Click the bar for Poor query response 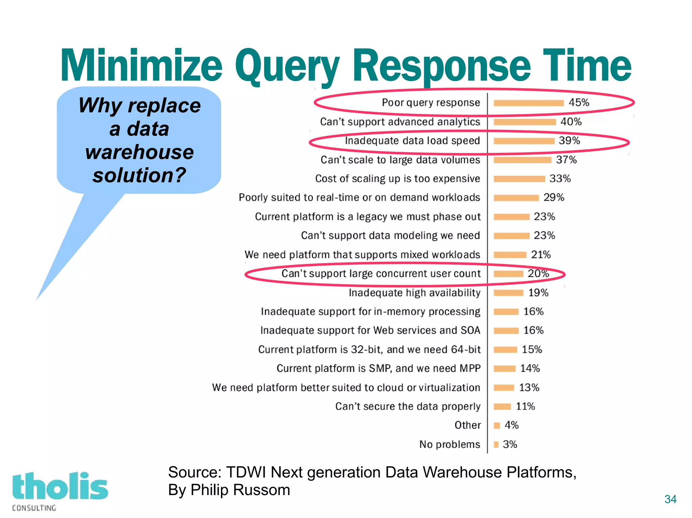[528, 103]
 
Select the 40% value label [571, 121]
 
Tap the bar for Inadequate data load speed [524, 141]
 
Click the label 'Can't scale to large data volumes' [400, 160]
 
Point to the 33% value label [560, 179]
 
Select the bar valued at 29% [516, 198]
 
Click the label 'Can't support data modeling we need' [390, 235]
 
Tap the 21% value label [541, 254]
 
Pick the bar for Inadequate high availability [508, 293]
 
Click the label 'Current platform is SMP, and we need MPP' [378, 368]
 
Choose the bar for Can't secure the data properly [502, 406]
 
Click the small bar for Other [497, 426]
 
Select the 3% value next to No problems [510, 444]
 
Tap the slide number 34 [670, 499]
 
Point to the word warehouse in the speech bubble [140, 152]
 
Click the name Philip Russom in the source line [240, 490]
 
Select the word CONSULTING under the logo [34, 508]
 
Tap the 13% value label [529, 387]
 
